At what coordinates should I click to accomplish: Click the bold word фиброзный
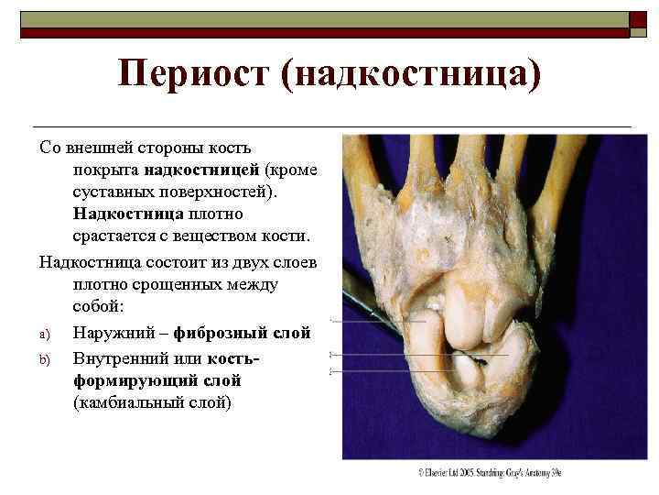point(230,332)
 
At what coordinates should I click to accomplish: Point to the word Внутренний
point(123,354)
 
